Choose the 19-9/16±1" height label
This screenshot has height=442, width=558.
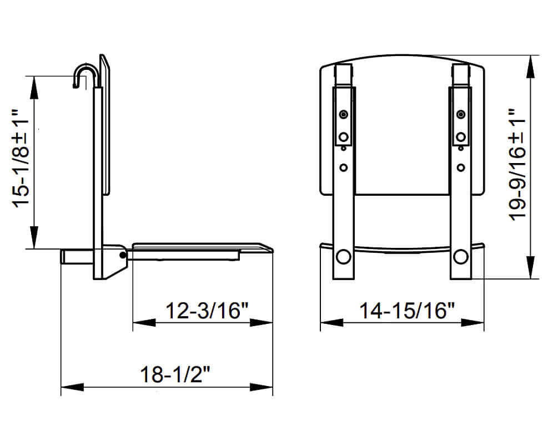point(517,165)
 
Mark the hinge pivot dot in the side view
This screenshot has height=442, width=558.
point(122,255)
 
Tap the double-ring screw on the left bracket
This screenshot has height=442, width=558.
point(344,114)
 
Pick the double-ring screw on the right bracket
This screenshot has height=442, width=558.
point(460,114)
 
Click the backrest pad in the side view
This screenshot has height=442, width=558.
point(106,125)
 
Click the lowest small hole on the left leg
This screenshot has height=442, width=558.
point(344,166)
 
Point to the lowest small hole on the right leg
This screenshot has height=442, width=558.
point(460,166)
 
